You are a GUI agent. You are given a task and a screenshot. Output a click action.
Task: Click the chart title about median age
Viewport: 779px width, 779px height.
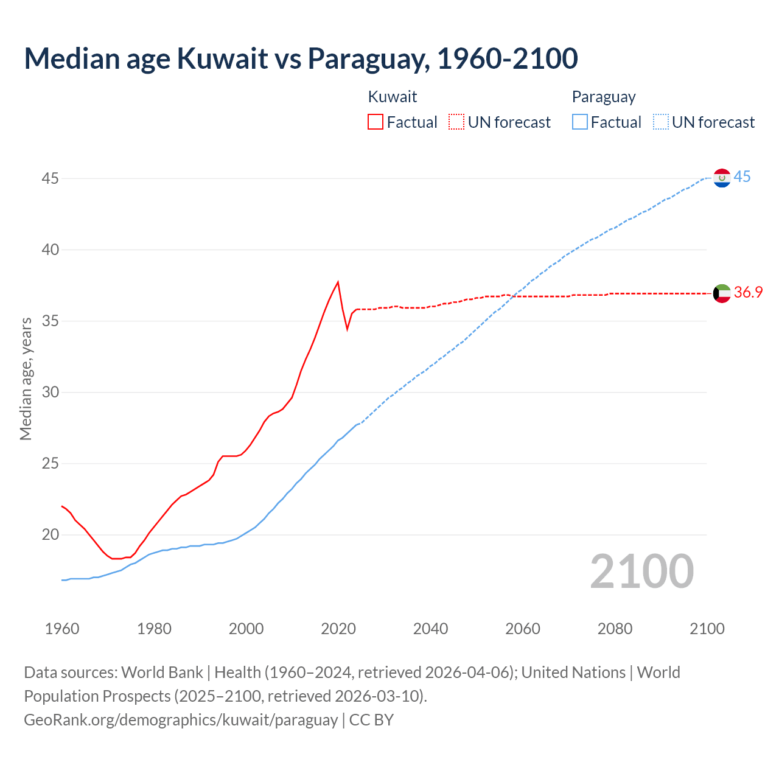point(301,58)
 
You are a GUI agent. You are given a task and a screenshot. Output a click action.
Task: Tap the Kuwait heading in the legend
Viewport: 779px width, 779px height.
point(393,97)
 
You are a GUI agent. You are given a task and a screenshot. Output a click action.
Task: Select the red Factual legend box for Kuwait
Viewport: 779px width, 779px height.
point(376,122)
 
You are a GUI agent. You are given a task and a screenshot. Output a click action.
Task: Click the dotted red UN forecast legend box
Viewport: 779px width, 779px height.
point(456,122)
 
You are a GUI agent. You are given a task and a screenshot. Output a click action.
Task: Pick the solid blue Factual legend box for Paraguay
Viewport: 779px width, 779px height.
point(580,122)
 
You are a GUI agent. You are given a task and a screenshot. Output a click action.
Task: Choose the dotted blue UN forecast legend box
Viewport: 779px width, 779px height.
point(661,122)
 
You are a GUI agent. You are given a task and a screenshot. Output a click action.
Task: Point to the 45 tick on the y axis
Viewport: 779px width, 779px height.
point(51,178)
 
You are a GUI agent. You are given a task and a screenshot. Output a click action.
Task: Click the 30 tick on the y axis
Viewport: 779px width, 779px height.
point(51,392)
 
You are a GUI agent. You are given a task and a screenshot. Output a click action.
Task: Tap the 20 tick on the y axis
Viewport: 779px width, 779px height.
point(51,534)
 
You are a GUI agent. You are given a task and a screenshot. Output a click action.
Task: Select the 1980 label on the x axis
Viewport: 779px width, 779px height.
point(154,629)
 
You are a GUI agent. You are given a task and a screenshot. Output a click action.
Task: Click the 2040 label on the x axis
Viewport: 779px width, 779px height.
point(430,629)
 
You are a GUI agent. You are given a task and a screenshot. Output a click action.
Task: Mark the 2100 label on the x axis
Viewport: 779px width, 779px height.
point(707,629)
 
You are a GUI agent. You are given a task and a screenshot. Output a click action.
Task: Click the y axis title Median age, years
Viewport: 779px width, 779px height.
point(26,379)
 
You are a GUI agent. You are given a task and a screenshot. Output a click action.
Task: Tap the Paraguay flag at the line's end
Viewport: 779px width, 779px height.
point(722,178)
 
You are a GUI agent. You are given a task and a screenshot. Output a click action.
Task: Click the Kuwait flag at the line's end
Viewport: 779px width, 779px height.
point(722,293)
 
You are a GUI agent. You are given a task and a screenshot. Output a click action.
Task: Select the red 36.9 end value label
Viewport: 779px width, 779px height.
point(748,293)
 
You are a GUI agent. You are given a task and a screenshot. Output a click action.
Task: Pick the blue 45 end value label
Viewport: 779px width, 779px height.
point(742,177)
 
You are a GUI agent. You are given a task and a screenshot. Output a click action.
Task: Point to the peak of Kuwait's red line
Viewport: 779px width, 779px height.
point(338,282)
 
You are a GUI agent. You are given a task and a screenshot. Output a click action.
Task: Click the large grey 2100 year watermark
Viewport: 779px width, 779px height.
point(642,571)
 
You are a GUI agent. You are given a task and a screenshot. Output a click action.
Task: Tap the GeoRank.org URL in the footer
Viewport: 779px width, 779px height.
point(181,720)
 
